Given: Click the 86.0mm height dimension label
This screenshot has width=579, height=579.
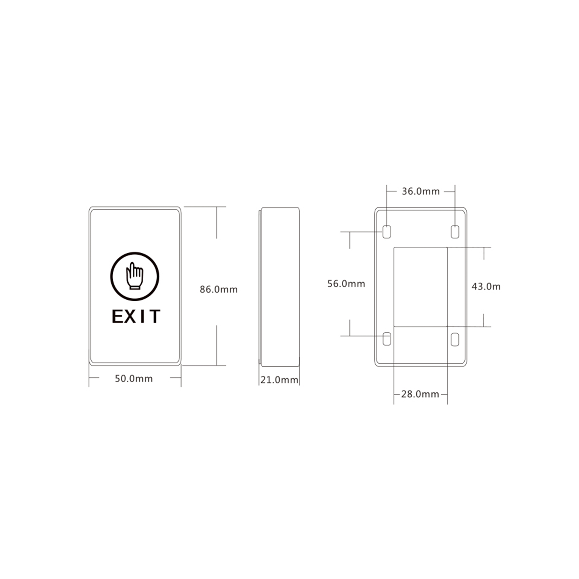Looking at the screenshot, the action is tap(219, 289).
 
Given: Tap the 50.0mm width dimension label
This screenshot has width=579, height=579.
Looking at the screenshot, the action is tap(134, 378).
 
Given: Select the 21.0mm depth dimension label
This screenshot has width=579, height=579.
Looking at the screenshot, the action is tap(279, 380).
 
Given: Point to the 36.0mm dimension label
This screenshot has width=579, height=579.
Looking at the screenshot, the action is tap(421, 191).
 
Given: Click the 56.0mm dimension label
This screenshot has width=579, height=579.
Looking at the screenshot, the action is tap(346, 283).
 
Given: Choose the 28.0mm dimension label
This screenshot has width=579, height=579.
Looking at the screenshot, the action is tap(420, 394).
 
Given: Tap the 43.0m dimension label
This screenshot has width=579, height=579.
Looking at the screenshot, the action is tap(486, 287).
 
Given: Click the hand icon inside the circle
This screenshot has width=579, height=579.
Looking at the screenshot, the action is tap(135, 276).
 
